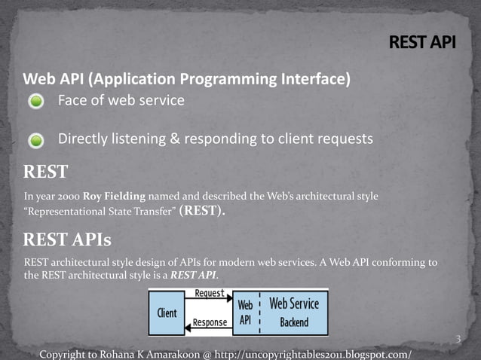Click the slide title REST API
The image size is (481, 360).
[422, 42]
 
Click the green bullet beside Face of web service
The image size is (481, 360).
[37, 102]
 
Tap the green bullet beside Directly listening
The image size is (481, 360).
[37, 140]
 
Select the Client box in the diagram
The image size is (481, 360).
[167, 313]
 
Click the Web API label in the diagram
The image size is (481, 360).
[245, 313]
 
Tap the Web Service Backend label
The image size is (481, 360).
[293, 313]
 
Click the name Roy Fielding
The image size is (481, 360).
[114, 197]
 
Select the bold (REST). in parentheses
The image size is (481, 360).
[202, 211]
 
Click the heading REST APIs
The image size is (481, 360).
[67, 240]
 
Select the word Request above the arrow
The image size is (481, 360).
[209, 294]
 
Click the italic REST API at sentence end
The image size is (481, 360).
[194, 275]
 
